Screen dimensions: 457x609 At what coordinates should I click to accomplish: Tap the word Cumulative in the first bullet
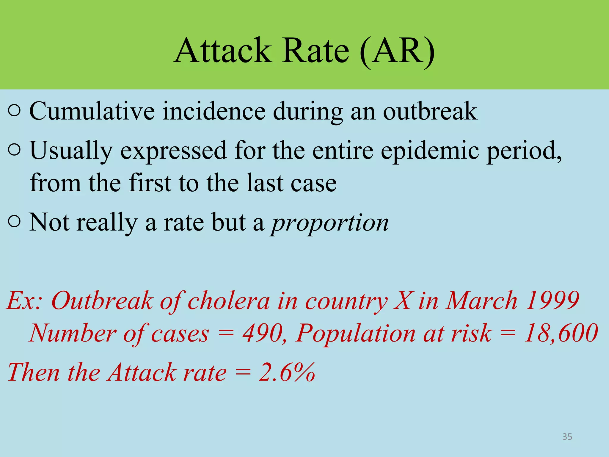click(x=92, y=111)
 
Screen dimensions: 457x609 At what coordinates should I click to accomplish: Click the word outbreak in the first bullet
click(x=430, y=111)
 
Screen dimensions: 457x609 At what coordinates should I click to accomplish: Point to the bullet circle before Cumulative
click(x=15, y=111)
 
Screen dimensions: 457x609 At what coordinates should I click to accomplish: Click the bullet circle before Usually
click(x=15, y=150)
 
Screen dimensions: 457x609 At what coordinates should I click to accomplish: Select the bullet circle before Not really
click(x=15, y=222)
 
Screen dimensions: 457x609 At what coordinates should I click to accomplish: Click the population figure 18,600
click(x=561, y=333)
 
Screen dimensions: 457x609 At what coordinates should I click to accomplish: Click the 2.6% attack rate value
click(x=287, y=373)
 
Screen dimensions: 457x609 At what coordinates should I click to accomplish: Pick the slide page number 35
click(x=567, y=437)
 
